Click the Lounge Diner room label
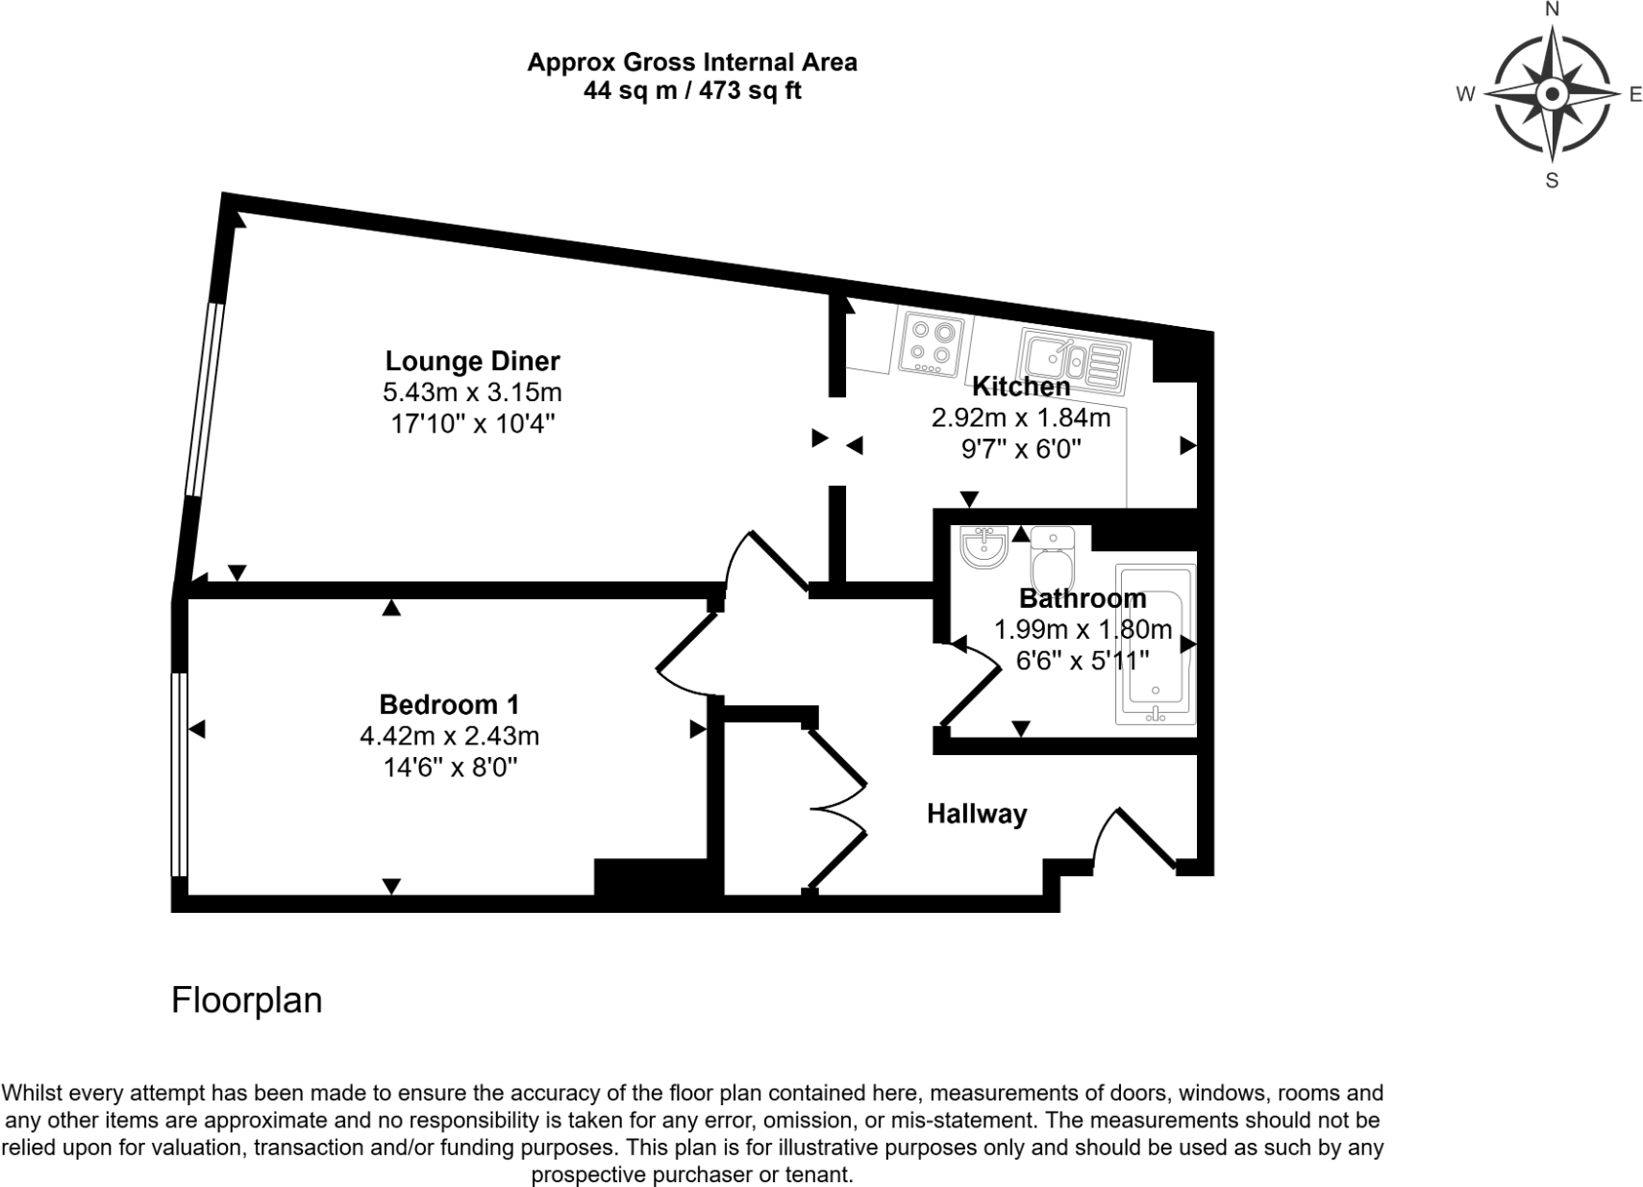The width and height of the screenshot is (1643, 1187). (472, 361)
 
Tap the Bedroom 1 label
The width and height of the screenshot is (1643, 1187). (449, 704)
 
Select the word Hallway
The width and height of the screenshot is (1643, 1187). (977, 814)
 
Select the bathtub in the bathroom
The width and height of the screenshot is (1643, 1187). (1157, 644)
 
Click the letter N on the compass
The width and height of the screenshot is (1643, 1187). (1551, 11)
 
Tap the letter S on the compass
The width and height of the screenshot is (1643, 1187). (1551, 180)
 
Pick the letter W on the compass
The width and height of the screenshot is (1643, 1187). (1466, 94)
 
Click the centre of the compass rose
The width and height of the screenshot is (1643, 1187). (1552, 94)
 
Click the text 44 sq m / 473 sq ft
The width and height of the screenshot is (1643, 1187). (692, 91)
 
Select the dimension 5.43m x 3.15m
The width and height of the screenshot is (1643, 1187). (472, 392)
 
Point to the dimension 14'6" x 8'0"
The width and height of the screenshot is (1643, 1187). (449, 768)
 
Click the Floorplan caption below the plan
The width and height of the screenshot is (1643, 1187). (246, 1000)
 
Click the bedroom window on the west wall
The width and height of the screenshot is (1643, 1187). (179, 774)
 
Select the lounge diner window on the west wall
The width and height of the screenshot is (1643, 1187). (205, 399)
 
